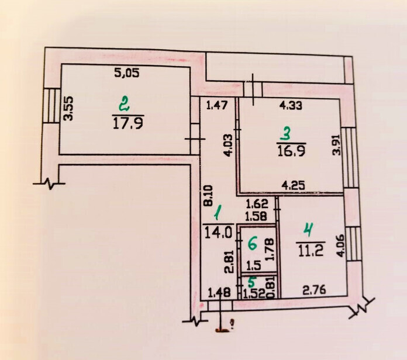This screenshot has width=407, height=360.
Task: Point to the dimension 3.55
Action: tap(69, 109)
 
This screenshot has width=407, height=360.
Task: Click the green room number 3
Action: tap(287, 136)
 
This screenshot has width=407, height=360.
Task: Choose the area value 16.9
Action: tap(291, 150)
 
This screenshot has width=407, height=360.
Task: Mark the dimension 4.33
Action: tap(291, 106)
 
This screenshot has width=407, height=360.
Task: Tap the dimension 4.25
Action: tap(293, 186)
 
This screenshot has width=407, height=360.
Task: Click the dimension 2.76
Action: tap(315, 290)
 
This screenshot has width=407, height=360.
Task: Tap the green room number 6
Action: tap(253, 244)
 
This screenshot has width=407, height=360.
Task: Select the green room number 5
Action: tap(252, 282)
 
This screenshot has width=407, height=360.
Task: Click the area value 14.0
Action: tap(218, 233)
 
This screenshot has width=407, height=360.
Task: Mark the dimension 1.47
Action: tap(217, 106)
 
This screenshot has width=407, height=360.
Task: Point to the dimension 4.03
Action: tap(228, 146)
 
